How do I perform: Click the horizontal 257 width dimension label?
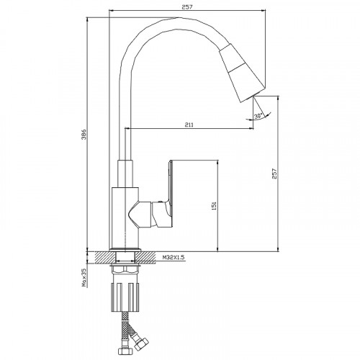187,7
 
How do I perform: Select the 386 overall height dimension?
84,135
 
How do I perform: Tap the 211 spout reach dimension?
189,125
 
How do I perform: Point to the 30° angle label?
258,116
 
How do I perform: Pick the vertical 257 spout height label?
274,174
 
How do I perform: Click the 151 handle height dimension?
214,206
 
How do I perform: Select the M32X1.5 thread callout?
174,258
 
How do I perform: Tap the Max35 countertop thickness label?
84,277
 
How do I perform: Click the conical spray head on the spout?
243,73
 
